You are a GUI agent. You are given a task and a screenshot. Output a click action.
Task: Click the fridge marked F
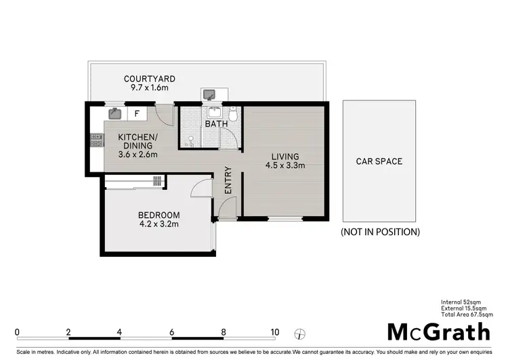coord(137,113)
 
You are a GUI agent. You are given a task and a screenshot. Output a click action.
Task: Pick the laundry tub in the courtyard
coord(209,94)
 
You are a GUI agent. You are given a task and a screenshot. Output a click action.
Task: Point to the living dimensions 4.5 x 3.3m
coord(285,165)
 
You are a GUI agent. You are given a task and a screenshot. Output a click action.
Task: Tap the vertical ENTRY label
coord(228,180)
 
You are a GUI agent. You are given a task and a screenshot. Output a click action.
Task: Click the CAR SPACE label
coord(379,161)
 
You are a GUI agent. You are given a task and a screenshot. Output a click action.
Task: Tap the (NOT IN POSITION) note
coord(380,232)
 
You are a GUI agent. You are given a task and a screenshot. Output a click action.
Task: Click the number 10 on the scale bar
coord(274,332)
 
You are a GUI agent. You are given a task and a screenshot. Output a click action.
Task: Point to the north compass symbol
coord(300,334)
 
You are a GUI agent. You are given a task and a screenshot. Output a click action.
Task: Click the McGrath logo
coord(438,332)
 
